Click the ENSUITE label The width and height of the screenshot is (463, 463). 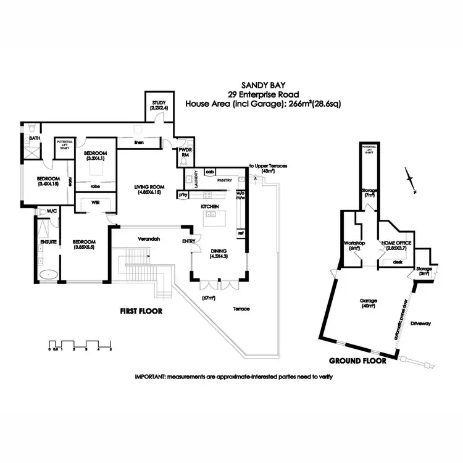coord(49,242)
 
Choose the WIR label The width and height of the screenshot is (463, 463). coord(95,201)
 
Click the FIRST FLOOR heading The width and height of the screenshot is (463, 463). coord(141,312)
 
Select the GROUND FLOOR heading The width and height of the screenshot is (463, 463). coord(357,360)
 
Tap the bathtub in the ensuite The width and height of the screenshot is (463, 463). coord(48,273)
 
